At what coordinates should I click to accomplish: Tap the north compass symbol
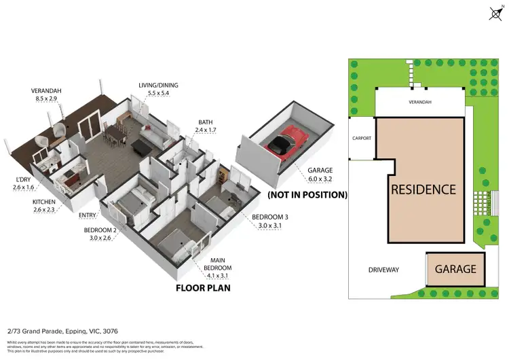point(495,12)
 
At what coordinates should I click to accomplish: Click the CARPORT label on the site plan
point(362,138)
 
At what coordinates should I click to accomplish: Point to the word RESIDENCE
point(423,190)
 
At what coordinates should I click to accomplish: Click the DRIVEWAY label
point(383,270)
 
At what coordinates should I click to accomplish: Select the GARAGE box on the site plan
point(455,269)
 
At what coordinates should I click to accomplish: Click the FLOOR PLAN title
point(203,287)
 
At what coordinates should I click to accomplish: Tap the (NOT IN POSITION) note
point(307,195)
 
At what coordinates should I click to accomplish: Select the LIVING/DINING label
point(158,85)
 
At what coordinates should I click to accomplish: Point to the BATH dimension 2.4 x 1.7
point(206,130)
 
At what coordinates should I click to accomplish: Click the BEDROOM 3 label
point(269,217)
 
